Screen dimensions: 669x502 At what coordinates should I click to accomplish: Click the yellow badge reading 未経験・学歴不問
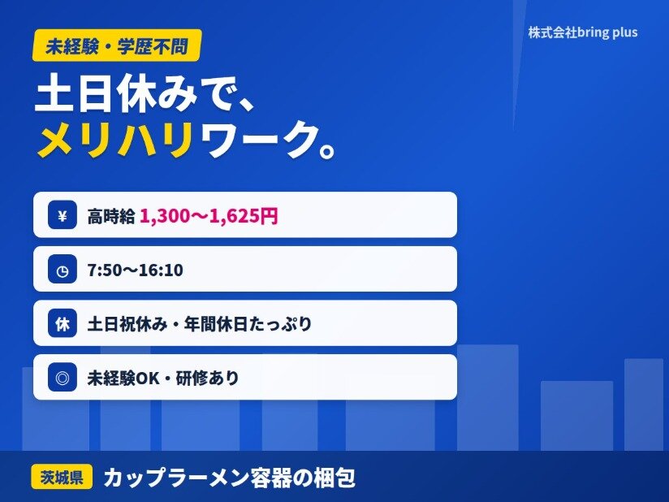[117, 45]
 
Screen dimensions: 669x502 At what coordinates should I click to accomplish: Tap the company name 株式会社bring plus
[583, 32]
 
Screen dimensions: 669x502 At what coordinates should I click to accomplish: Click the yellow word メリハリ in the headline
[114, 140]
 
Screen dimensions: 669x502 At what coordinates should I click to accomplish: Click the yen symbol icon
[63, 215]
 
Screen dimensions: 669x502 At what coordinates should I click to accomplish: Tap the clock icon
[63, 270]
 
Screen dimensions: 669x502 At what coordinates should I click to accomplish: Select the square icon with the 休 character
[63, 323]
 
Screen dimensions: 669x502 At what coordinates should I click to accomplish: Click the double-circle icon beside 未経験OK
[63, 378]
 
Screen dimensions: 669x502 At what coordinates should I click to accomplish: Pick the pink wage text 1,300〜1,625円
[209, 215]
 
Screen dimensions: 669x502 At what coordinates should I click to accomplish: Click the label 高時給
[111, 216]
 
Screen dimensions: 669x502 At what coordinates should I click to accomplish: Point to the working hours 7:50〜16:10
[136, 270]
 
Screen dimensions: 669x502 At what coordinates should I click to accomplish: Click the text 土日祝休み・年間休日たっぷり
[200, 324]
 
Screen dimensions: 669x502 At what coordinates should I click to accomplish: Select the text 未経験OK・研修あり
[163, 379]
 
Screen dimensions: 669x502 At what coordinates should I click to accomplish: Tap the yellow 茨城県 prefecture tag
[62, 477]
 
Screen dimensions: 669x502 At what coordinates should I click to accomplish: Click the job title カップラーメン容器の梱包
[230, 478]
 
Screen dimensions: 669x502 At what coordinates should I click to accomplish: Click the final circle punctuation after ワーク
[327, 150]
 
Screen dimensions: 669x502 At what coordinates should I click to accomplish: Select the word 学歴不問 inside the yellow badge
[153, 46]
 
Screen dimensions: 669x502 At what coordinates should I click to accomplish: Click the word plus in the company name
[625, 32]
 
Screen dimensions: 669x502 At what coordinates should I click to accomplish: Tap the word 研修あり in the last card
[207, 379]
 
